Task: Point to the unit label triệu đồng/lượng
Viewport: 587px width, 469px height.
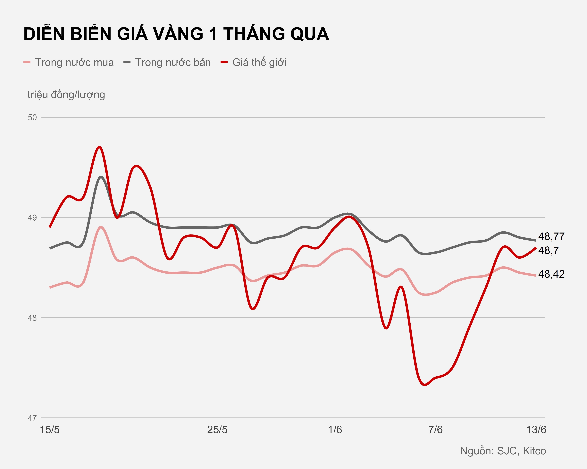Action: tap(66, 95)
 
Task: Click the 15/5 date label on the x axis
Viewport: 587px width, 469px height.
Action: tap(50, 430)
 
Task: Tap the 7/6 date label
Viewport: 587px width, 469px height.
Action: tap(435, 430)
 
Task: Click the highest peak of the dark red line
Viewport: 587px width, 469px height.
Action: tap(100, 147)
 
